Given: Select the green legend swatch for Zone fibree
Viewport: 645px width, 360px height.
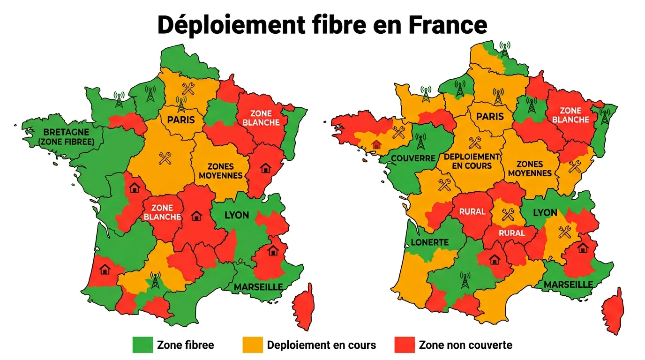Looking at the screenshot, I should (x=142, y=345).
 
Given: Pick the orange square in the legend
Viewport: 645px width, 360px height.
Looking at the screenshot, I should (x=252, y=345).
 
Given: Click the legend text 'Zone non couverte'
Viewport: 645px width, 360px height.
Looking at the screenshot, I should (x=465, y=345).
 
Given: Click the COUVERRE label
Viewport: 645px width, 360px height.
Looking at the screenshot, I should (x=413, y=158).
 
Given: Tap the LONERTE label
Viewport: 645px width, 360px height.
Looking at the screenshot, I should (x=430, y=242).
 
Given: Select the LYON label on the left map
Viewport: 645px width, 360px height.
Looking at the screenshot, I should (x=237, y=215).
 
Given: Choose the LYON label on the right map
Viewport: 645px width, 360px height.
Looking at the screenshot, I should (x=545, y=212).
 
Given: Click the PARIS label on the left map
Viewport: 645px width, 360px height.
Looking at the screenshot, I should (x=181, y=119).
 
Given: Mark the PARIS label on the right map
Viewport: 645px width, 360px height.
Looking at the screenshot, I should (x=490, y=116).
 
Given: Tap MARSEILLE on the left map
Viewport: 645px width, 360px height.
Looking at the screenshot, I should (x=258, y=286).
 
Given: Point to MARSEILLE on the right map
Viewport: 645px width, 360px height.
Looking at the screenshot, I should (x=568, y=284).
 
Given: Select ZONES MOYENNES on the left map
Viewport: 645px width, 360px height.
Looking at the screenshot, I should (x=221, y=171).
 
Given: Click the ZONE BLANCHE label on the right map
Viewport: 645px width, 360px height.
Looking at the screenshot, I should (x=570, y=115).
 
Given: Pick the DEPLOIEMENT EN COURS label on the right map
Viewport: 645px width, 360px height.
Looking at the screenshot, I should (x=472, y=161).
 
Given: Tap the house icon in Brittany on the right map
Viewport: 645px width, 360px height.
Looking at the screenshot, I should (x=376, y=144).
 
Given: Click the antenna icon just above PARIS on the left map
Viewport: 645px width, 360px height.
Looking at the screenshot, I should (x=181, y=103).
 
